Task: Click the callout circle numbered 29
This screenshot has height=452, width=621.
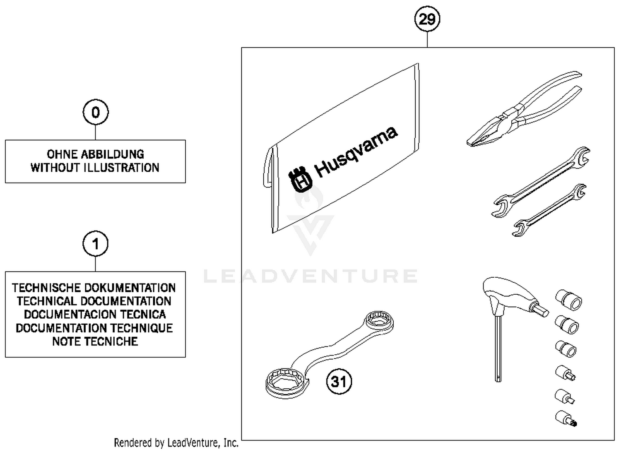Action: [427, 19]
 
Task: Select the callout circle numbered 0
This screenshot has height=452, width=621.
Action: [95, 112]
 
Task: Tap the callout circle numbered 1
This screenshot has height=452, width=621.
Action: [95, 244]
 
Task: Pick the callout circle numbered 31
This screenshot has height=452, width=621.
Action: [339, 381]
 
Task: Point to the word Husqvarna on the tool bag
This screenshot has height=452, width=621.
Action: [356, 151]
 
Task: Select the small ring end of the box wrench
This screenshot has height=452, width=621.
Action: [378, 321]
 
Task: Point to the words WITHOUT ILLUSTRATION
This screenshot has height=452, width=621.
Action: [95, 168]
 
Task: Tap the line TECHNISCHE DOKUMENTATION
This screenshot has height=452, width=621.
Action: [94, 288]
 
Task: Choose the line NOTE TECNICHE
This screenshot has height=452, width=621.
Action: [95, 341]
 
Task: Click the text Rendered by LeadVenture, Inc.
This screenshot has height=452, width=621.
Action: [176, 443]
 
